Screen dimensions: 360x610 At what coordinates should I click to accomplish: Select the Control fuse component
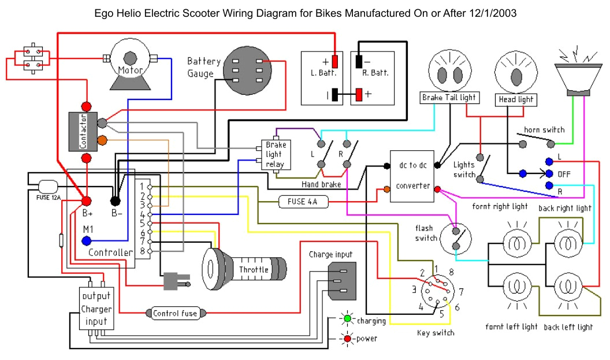(x=175, y=313)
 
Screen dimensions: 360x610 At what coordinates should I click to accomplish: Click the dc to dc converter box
(x=412, y=176)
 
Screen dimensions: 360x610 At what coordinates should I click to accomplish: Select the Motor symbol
(x=131, y=64)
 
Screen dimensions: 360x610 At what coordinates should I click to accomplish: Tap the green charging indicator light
(x=347, y=319)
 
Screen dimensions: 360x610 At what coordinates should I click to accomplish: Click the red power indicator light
(x=347, y=339)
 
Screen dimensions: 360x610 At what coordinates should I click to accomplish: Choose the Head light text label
(x=515, y=99)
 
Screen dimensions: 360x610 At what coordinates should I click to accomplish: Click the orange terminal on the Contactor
(x=102, y=140)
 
